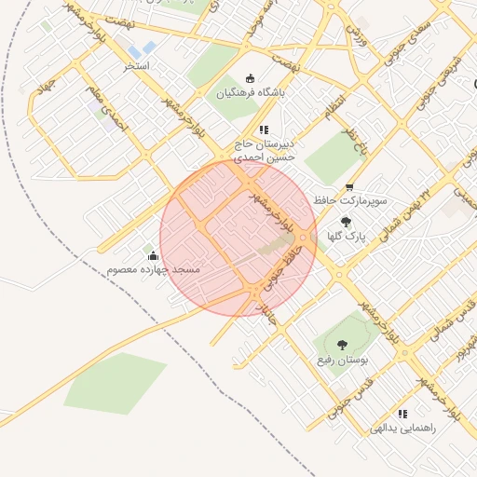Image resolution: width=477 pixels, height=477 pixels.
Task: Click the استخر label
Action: pos(143,67)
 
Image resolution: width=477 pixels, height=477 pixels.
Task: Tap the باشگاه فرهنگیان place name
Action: pos(249,93)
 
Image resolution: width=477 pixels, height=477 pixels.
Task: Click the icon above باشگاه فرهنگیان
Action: pos(249,78)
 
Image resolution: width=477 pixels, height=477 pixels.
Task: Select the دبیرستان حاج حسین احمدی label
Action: pos(264,152)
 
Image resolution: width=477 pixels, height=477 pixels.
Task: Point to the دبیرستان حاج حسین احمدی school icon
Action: pos(264,130)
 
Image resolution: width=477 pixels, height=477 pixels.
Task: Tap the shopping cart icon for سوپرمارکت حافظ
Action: pos(349,186)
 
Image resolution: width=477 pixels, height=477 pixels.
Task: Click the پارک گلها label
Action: pos(345,237)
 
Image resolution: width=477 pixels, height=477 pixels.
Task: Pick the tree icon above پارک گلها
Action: pos(346,222)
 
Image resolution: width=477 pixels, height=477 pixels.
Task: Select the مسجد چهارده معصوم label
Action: pos(154,269)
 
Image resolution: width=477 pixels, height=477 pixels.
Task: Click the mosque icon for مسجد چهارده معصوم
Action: pos(153,254)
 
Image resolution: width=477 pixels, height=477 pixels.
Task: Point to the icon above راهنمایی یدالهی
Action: pos(402,414)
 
